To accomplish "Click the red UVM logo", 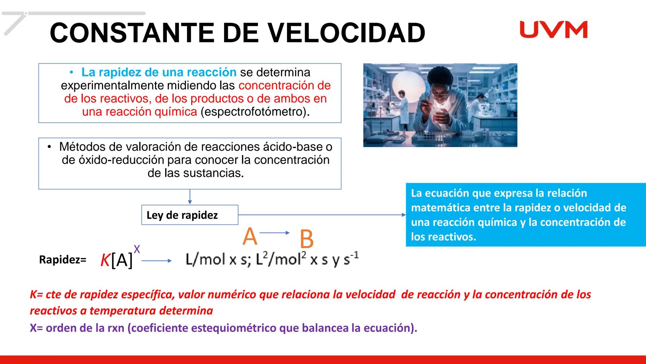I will click(x=553, y=30).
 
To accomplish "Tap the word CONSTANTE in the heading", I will click(x=133, y=33).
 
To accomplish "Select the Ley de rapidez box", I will click(x=189, y=215).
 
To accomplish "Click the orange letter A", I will click(x=250, y=237).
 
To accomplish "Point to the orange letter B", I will click(x=306, y=239).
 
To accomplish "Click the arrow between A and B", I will click(x=275, y=233).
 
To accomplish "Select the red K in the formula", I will click(x=105, y=260).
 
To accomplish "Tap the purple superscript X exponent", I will click(x=137, y=249).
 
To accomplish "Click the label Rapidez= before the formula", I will click(x=63, y=260).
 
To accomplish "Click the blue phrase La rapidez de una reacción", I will click(x=159, y=72).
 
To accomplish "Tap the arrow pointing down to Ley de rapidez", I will click(x=190, y=197).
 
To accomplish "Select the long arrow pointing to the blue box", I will click(x=321, y=215).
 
